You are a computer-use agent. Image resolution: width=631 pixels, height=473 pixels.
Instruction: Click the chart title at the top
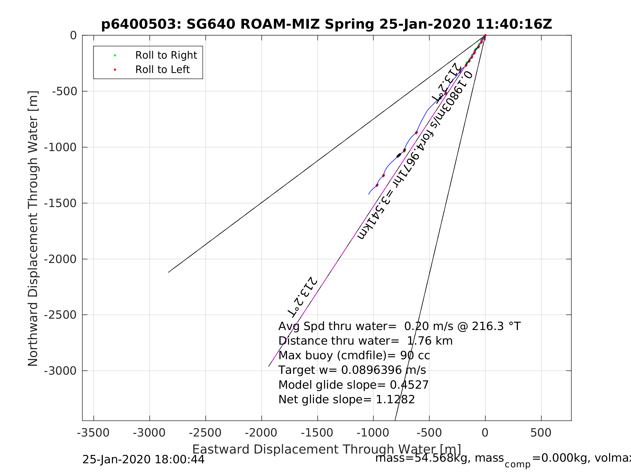(x=326, y=25)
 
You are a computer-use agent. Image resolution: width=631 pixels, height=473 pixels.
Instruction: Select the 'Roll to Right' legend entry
(x=166, y=55)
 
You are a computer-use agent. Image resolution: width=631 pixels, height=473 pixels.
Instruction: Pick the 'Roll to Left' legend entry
(x=162, y=69)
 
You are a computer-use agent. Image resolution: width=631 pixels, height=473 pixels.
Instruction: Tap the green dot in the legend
(x=115, y=55)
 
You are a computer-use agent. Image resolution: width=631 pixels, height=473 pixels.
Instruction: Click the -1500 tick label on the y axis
(x=60, y=203)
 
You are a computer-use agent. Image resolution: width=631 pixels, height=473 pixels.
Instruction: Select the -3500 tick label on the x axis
(x=93, y=433)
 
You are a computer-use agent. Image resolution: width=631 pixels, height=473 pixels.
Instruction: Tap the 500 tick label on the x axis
(x=541, y=433)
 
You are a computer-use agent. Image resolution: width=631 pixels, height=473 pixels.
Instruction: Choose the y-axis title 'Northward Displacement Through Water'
(x=33, y=228)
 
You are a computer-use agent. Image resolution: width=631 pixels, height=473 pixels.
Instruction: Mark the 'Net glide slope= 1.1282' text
(x=346, y=400)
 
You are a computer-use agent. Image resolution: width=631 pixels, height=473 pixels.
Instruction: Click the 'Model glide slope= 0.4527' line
(x=353, y=385)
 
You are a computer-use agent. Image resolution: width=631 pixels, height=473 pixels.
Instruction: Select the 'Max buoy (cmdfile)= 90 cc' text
(x=354, y=355)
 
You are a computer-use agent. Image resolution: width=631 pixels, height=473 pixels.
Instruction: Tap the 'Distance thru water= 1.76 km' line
(x=365, y=341)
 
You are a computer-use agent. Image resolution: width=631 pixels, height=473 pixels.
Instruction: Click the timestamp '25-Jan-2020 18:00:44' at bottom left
(x=143, y=459)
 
